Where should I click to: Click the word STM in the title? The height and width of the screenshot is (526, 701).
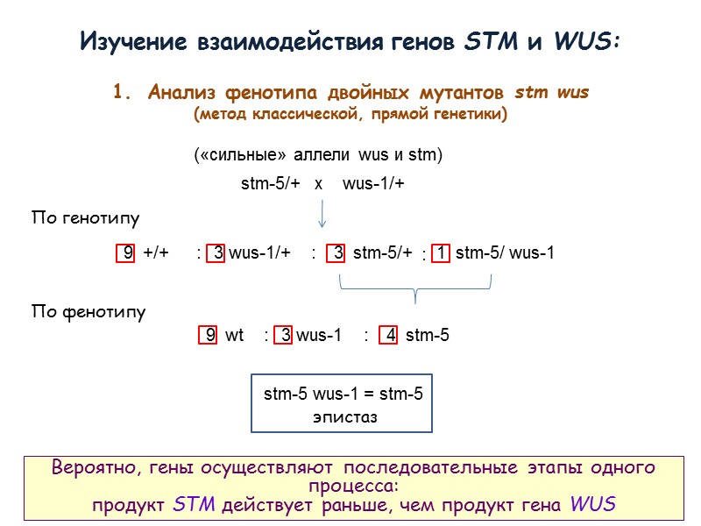pos(481,41)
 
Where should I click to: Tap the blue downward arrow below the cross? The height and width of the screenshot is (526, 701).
pos(322,212)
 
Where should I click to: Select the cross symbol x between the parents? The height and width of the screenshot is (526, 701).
pos(319,184)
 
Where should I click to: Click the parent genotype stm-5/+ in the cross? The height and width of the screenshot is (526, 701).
pos(271,184)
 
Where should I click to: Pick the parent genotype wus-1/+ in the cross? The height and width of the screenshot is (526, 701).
pos(373,184)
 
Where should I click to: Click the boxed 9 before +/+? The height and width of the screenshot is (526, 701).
pos(128,253)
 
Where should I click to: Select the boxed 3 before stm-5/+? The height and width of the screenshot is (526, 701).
pos(337,253)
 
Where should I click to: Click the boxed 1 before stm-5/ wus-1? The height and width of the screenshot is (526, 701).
pos(443,253)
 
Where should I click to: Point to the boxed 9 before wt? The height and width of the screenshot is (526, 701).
pos(209,335)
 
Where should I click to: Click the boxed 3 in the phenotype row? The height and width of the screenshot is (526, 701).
pos(284,335)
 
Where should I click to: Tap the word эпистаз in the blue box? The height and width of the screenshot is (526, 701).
pos(344,417)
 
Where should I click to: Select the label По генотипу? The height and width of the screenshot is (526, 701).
pos(85,217)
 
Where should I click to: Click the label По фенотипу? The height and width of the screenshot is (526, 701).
pos(89,311)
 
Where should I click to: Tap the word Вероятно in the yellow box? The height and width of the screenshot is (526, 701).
pos(91,467)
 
